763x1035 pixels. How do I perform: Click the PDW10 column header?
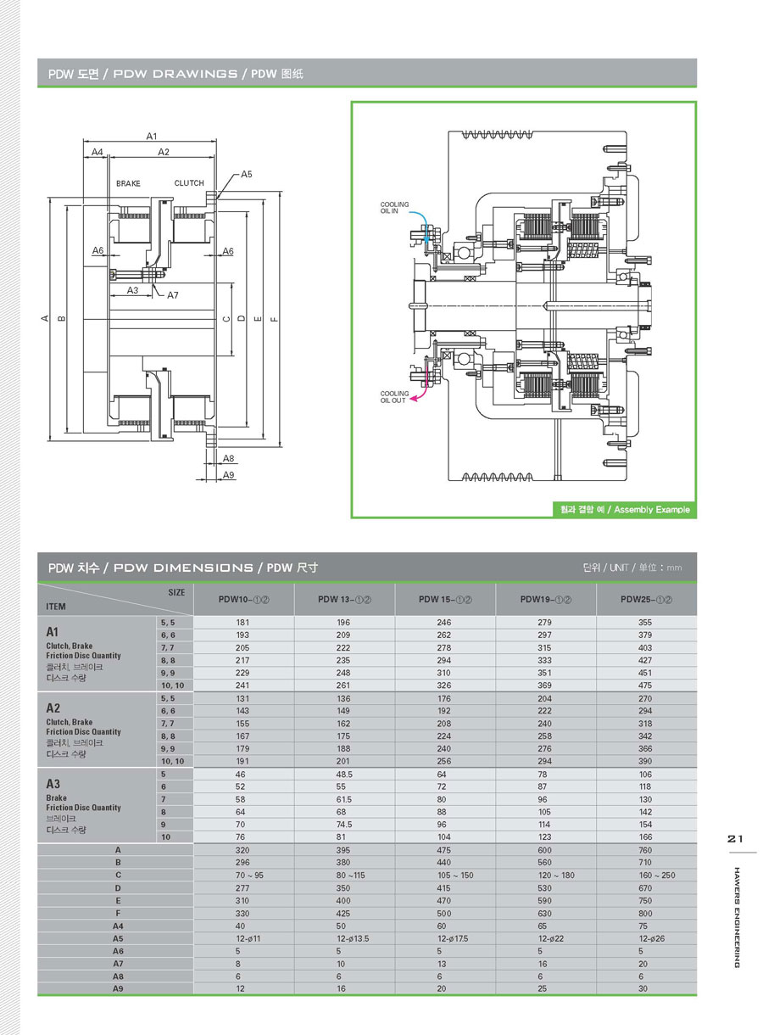[243, 599]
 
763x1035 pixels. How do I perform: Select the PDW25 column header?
[646, 599]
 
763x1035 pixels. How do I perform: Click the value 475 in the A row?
[444, 849]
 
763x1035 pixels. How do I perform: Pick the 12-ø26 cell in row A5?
[646, 938]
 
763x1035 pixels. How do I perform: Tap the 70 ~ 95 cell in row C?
[243, 875]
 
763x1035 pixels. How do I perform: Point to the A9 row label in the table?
[118, 989]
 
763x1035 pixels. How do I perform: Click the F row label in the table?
[118, 913]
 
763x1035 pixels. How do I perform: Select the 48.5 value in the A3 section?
[343, 775]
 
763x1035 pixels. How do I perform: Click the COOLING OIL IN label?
[394, 209]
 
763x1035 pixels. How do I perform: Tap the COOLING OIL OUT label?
[394, 397]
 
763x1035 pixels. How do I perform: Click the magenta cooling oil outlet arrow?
[418, 402]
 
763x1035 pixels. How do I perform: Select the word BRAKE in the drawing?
[128, 183]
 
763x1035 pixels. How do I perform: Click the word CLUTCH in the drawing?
[189, 183]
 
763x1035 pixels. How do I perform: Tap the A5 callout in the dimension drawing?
[246, 174]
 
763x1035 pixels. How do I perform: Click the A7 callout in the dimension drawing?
[173, 295]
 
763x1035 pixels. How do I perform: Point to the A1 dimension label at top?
[152, 136]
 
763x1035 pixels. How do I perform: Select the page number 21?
[735, 839]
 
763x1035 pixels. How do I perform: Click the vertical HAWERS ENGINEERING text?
[736, 916]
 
